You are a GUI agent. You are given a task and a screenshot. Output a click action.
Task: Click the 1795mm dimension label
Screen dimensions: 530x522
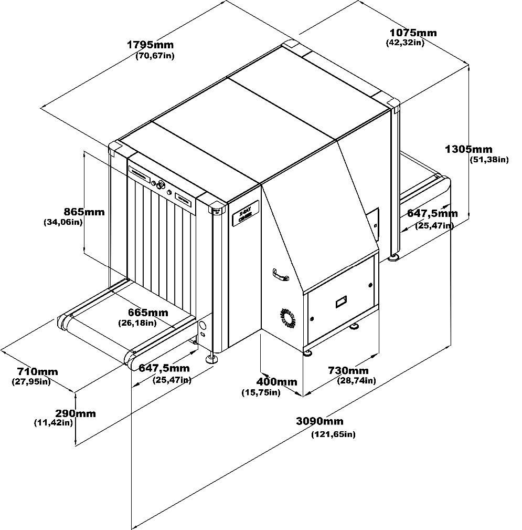(150, 45)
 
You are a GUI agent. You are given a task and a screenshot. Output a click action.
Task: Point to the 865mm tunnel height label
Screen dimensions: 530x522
(84, 212)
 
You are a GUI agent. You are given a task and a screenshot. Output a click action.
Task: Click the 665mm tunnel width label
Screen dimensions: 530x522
(148, 313)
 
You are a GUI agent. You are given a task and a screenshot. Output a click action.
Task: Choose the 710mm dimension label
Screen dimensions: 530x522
(35, 372)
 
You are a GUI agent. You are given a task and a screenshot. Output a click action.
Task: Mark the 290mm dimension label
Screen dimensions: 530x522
(76, 413)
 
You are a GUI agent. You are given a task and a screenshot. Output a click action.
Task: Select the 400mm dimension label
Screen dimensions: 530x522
(276, 382)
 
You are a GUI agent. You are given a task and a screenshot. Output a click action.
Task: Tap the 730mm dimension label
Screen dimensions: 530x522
(348, 370)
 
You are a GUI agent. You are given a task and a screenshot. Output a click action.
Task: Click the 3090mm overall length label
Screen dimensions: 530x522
(319, 421)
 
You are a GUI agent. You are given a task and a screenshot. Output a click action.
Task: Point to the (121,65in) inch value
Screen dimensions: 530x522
(333, 434)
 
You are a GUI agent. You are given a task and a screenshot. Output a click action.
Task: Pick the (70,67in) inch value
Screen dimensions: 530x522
(155, 55)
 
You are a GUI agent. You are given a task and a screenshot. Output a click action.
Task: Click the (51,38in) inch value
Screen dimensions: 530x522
(489, 160)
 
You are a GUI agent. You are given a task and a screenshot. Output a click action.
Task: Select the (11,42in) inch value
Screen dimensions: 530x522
(53, 422)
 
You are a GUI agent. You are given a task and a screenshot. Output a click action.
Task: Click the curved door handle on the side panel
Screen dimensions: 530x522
(281, 275)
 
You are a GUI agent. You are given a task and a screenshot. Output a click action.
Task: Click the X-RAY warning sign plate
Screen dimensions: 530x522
(243, 215)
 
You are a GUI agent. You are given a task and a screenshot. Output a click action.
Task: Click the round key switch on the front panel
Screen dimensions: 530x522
(160, 184)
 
